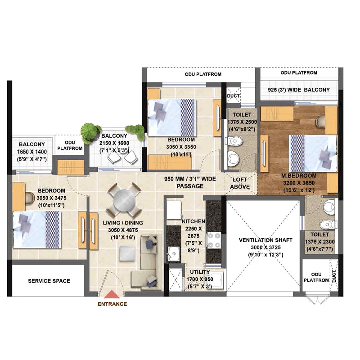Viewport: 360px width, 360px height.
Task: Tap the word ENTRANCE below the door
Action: [112, 304]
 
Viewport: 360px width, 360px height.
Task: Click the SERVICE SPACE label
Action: [49, 281]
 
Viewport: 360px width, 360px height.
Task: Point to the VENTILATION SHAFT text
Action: [265, 240]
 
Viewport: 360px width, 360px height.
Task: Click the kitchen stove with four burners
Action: [214, 240]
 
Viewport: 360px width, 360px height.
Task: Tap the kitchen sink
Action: [174, 254]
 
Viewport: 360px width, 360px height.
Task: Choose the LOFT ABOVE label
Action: [240, 183]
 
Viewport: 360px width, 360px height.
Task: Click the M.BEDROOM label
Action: [299, 176]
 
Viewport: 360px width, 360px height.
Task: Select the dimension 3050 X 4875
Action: [123, 230]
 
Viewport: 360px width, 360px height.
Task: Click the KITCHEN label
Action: [193, 221]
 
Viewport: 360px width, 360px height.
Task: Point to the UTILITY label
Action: [200, 272]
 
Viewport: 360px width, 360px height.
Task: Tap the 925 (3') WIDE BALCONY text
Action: [299, 90]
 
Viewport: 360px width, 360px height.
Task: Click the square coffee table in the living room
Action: [127, 254]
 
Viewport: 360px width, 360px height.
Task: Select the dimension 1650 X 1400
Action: [32, 152]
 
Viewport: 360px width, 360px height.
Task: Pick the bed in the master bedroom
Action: [313, 153]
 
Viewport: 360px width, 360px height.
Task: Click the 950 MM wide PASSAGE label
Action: [190, 183]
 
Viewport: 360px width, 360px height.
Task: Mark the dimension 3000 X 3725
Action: [265, 247]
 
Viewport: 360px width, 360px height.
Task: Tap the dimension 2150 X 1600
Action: [114, 143]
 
